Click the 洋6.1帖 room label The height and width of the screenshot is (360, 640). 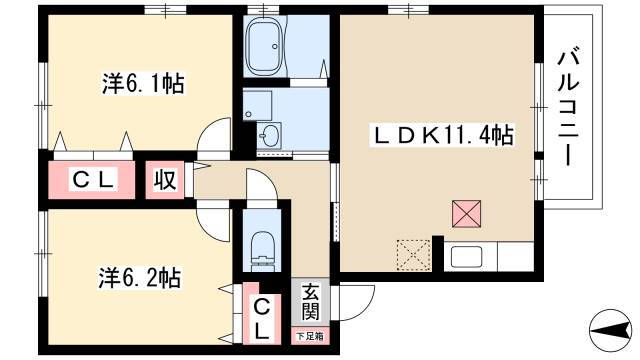[x=143, y=84]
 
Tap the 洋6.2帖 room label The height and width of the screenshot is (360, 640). [x=140, y=278]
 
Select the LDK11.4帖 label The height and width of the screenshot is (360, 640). [x=442, y=135]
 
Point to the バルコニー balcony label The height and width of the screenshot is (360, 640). [x=569, y=109]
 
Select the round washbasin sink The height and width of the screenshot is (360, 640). [x=269, y=134]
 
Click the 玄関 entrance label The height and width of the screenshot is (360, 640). [x=310, y=302]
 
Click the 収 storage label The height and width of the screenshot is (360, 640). [x=165, y=180]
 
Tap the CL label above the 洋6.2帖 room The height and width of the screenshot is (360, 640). [x=93, y=180]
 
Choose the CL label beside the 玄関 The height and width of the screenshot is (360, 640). [x=262, y=320]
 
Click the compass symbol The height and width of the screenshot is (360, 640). [x=610, y=330]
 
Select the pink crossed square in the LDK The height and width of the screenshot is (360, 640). [x=467, y=214]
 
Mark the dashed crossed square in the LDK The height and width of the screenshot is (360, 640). [x=413, y=255]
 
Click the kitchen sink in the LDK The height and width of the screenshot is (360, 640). [x=466, y=257]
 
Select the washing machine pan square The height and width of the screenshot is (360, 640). [x=258, y=106]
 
